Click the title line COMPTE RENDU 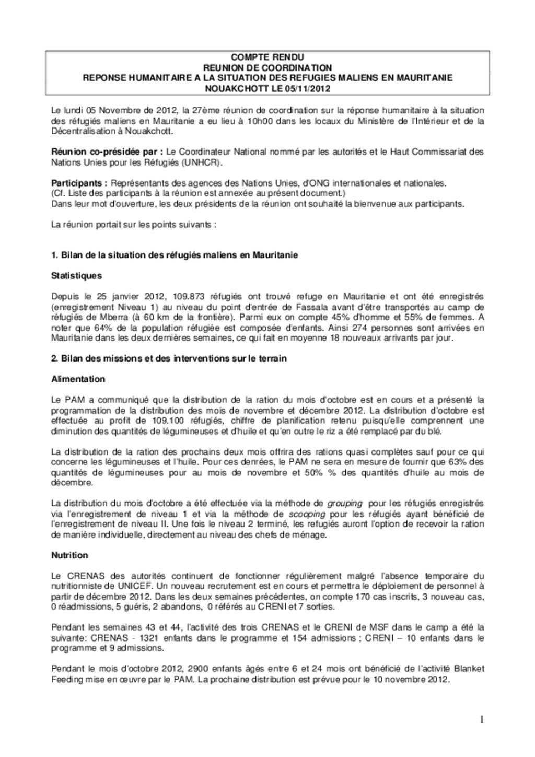point(267,57)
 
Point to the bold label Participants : point(79,183)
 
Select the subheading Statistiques point(76,276)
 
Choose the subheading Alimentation point(78,379)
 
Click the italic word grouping point(344,504)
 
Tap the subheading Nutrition point(69,555)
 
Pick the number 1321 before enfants point(149,638)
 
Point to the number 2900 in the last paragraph point(198,669)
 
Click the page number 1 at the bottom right point(481,720)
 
